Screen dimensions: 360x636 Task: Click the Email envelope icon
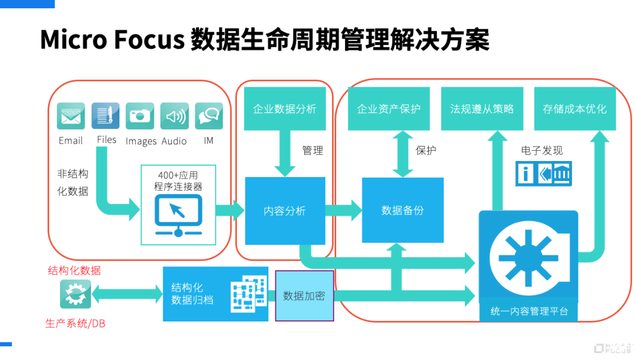[x=71, y=116]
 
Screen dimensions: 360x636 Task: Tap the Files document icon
[x=105, y=116]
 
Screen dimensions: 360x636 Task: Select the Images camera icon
[x=140, y=116]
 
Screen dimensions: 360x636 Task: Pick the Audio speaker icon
[x=175, y=116]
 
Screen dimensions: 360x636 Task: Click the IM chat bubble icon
[x=208, y=116]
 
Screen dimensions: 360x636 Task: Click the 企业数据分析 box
[x=284, y=109]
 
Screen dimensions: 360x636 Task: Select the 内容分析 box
[x=285, y=210]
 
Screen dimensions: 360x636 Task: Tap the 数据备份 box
[x=403, y=210]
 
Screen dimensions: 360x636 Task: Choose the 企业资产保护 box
[x=388, y=109]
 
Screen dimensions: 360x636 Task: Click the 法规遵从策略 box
[x=482, y=109]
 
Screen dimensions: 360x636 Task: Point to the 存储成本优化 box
[x=574, y=109]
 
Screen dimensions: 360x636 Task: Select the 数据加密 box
[x=304, y=296]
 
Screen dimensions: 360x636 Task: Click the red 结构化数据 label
[x=74, y=270]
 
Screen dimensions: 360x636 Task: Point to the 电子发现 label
[x=542, y=150]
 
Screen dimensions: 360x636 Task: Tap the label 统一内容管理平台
[x=529, y=311]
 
